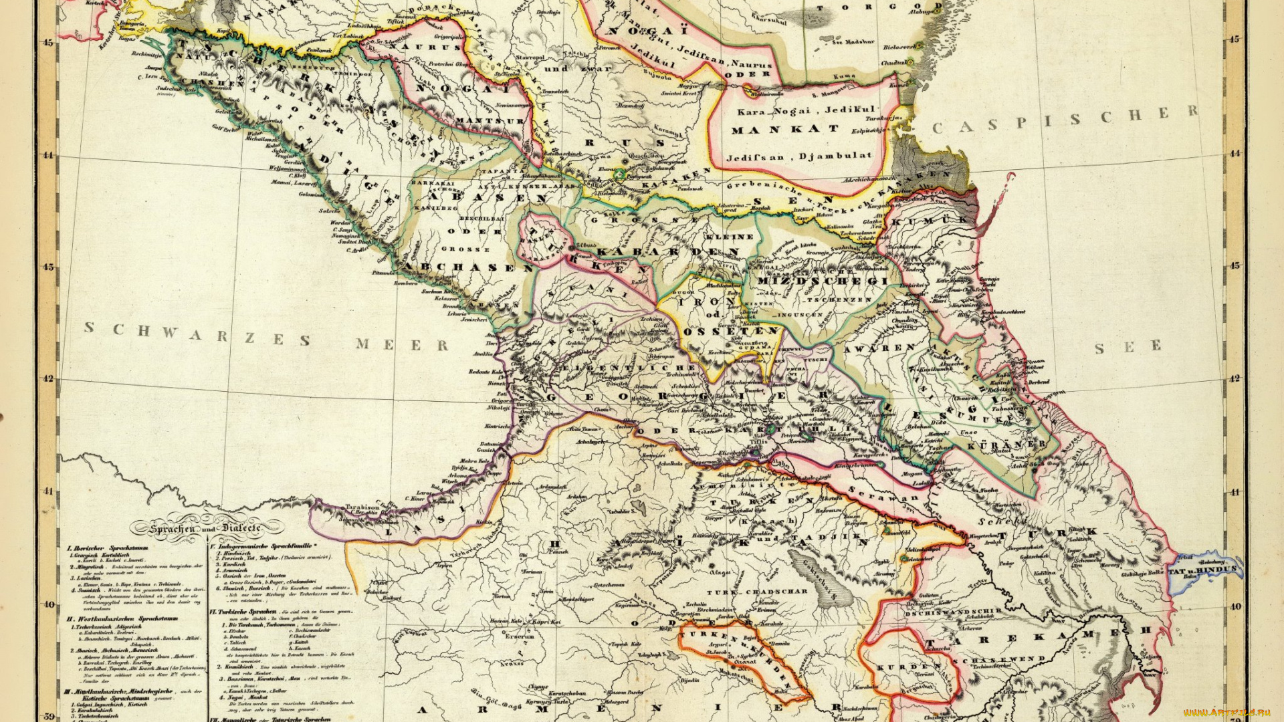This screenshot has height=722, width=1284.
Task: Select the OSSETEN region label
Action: (730, 331)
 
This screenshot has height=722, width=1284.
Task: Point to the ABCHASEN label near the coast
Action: (468, 267)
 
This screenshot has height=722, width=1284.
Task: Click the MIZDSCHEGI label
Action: (822, 281)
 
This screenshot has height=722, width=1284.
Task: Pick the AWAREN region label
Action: (879, 348)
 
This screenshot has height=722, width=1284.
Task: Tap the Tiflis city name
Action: (758, 442)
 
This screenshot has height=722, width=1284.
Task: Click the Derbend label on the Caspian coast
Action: (1039, 382)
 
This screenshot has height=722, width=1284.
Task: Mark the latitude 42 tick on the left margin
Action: (48, 378)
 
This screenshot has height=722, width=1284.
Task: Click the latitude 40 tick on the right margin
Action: (1235, 606)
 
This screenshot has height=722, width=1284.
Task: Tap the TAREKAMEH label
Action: (1037, 636)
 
